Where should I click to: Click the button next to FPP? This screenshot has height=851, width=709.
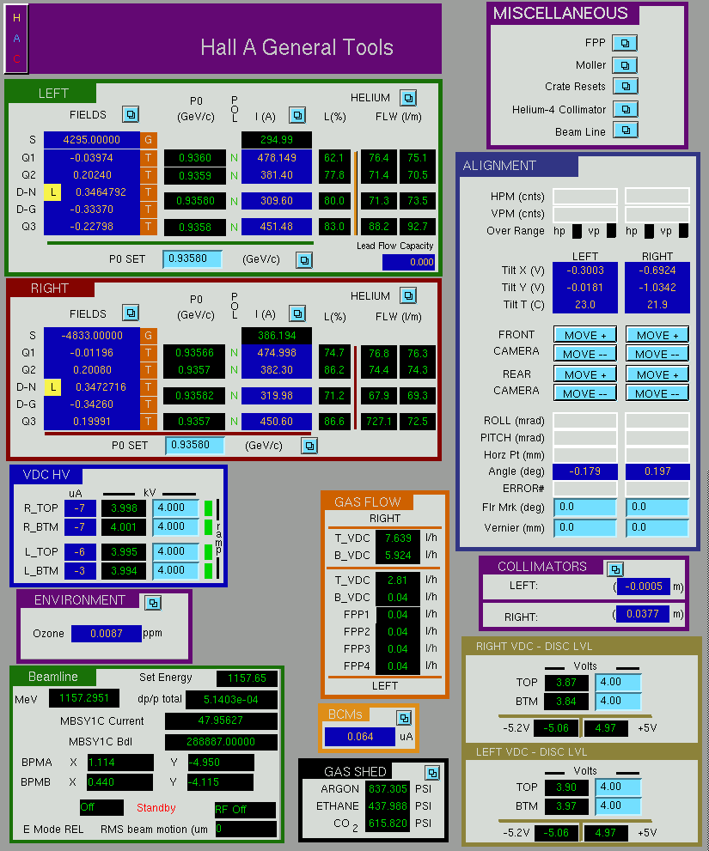[625, 43]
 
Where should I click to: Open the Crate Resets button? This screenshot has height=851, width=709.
[626, 86]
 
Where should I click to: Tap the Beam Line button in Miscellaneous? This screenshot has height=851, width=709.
[626, 131]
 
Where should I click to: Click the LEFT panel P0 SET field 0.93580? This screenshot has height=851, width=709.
[193, 258]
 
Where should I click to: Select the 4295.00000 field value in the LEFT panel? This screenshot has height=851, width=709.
[91, 139]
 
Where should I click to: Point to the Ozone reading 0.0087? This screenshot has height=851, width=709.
[107, 634]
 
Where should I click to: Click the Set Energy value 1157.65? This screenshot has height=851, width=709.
[247, 678]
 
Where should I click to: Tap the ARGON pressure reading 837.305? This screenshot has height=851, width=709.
[388, 788]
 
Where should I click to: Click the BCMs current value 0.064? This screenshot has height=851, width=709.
[360, 737]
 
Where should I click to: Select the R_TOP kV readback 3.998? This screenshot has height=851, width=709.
[124, 508]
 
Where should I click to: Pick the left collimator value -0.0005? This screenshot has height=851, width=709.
[644, 587]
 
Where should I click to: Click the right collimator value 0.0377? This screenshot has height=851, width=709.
[643, 614]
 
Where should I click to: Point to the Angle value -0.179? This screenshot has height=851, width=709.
[584, 471]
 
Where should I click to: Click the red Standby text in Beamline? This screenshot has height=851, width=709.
[156, 807]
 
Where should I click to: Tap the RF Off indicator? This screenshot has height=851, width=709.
[245, 809]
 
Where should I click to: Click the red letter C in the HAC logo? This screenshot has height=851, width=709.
[17, 58]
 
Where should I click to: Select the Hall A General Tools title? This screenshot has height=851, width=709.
[296, 47]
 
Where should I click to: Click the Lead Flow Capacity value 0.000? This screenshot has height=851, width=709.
[408, 262]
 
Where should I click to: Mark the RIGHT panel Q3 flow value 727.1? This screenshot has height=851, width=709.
[379, 421]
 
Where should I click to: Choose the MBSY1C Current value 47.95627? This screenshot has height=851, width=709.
[221, 720]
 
